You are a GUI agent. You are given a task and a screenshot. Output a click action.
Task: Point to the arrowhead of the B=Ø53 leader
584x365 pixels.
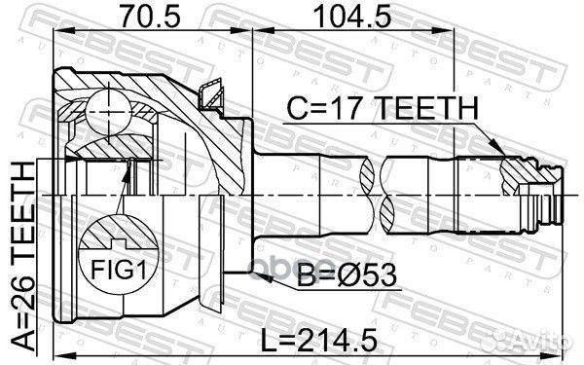[226, 274]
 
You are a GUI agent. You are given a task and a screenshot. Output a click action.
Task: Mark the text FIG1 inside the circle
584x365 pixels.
[115, 264]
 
